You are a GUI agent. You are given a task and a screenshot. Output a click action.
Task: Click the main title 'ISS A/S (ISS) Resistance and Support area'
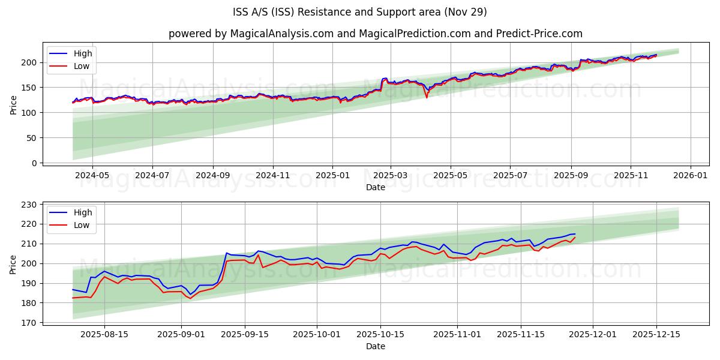359,12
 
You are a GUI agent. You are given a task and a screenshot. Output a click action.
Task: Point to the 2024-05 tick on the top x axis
92,176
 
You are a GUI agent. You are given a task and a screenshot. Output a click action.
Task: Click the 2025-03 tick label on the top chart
391,176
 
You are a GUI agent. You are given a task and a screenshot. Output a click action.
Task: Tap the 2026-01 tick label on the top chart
690,176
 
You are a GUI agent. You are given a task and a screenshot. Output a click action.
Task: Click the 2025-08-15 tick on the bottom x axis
105,335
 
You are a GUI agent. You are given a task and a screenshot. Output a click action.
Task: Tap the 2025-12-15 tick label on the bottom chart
656,335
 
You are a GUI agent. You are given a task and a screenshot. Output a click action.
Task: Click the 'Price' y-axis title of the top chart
13,104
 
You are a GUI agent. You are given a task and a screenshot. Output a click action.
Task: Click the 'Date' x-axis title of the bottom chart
376,346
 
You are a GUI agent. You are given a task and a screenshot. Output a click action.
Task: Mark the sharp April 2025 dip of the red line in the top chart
427,97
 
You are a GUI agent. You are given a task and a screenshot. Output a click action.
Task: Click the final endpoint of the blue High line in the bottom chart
575,234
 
